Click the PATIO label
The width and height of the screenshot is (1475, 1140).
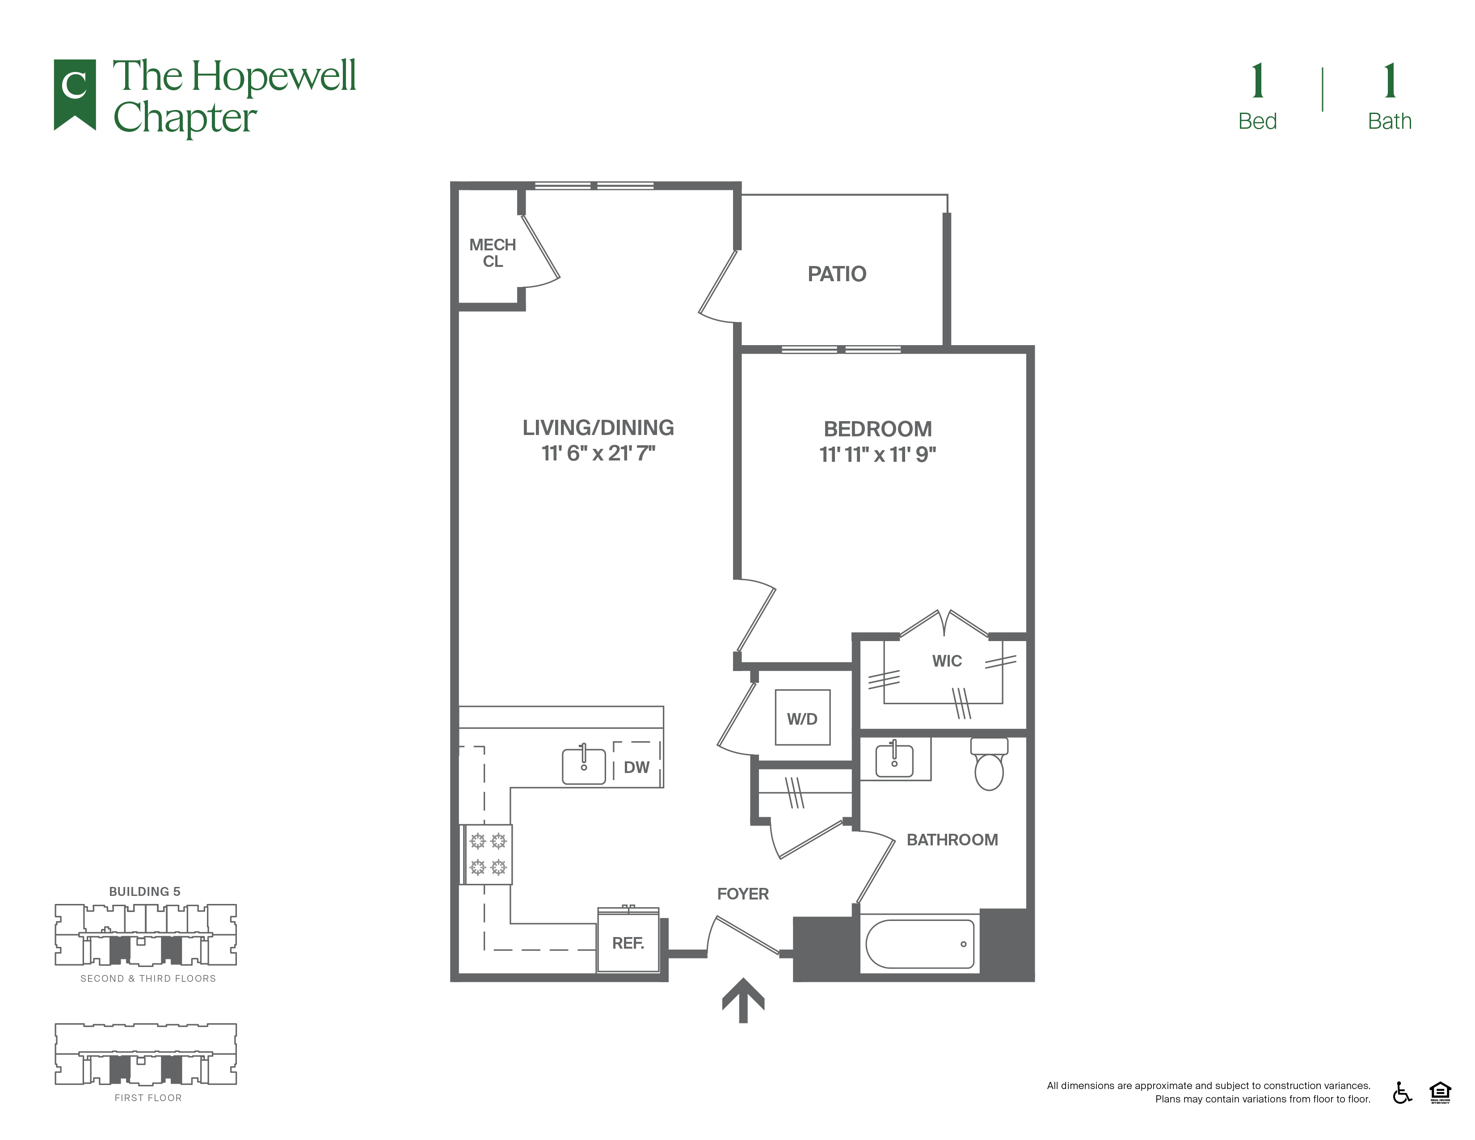click(x=837, y=274)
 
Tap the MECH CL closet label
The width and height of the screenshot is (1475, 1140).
click(x=493, y=253)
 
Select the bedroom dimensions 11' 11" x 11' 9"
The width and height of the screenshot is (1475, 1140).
click(x=877, y=455)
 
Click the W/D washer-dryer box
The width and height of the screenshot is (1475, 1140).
click(x=802, y=717)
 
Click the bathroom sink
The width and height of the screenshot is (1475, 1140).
click(x=894, y=760)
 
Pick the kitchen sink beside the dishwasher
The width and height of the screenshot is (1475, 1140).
click(x=584, y=765)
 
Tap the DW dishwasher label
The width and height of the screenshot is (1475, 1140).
click(x=636, y=767)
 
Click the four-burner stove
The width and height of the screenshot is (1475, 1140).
click(x=486, y=854)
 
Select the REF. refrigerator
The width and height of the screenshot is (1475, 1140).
click(x=628, y=940)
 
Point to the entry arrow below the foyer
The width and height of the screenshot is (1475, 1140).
click(x=743, y=1000)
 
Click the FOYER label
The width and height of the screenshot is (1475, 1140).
click(x=743, y=894)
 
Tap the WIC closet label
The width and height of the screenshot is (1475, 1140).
click(x=947, y=661)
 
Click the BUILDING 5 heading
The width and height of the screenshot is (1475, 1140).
click(x=144, y=891)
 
